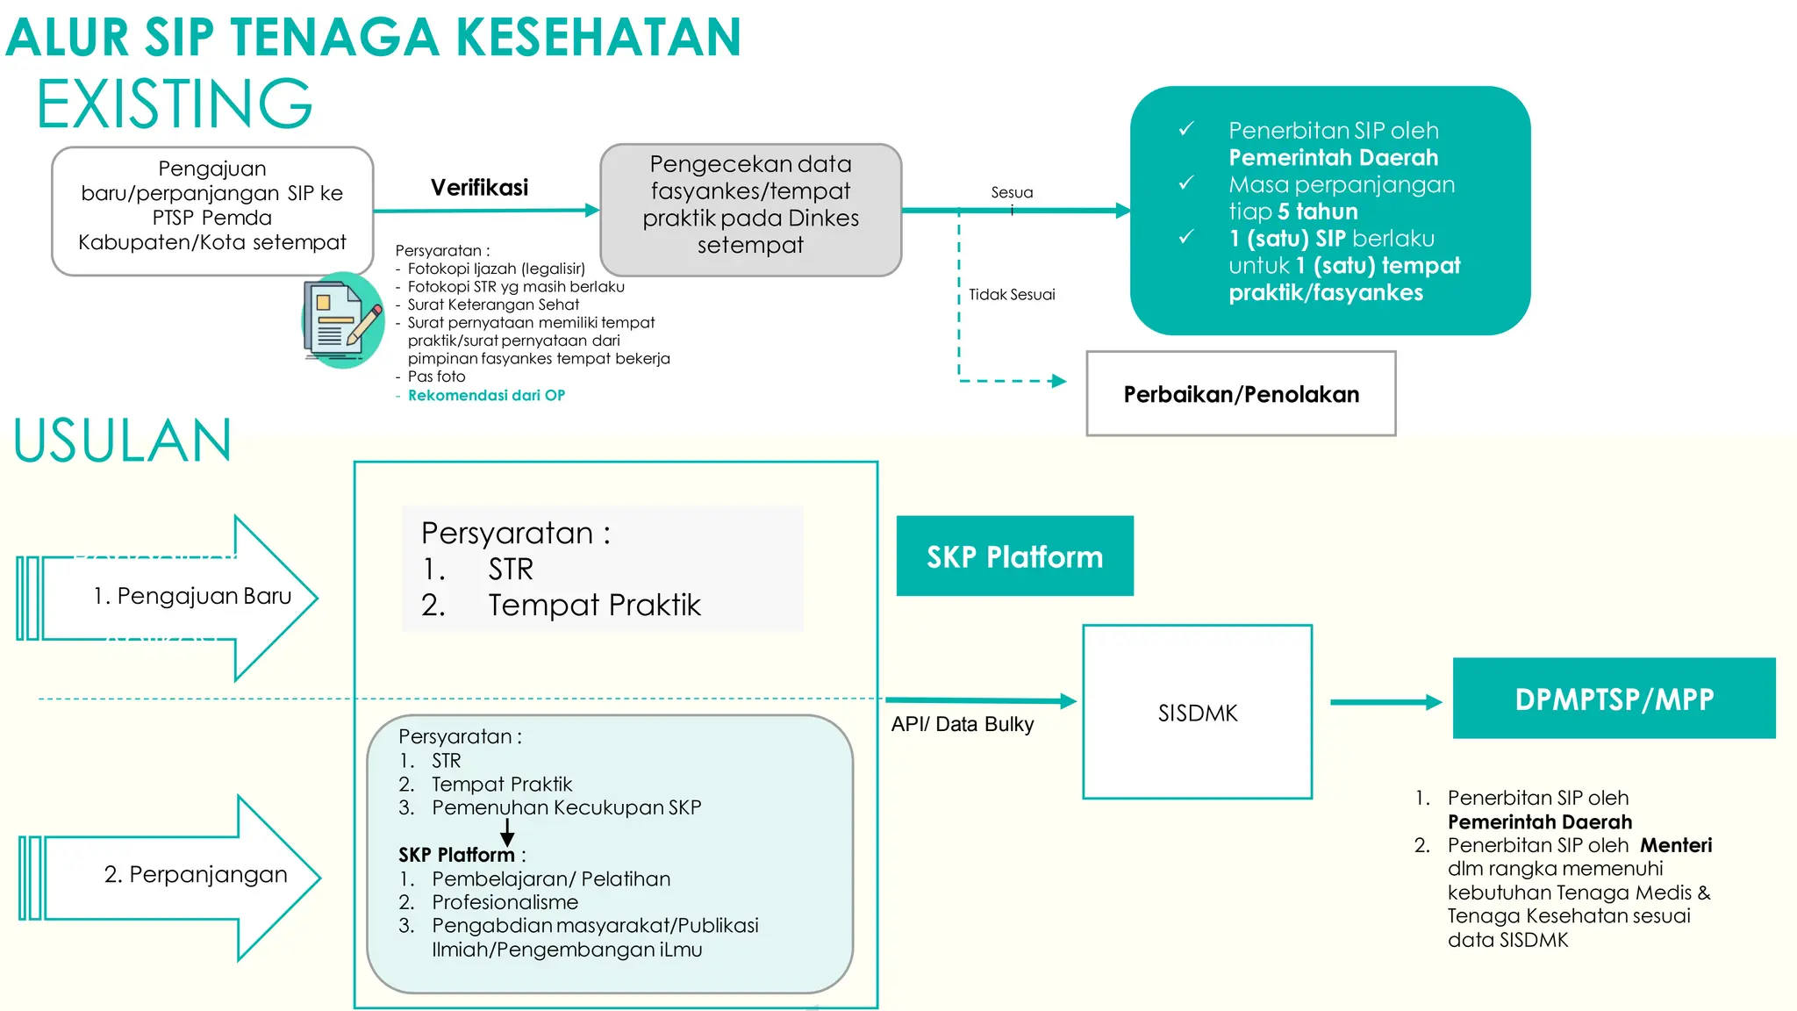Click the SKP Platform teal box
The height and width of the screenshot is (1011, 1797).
(1014, 556)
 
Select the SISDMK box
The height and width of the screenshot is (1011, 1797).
(1197, 712)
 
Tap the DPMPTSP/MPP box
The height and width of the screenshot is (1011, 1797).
(1614, 699)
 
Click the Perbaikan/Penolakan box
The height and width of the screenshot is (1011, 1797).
(1241, 394)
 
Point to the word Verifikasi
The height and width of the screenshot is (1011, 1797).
(479, 188)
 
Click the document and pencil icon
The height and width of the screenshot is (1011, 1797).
(342, 320)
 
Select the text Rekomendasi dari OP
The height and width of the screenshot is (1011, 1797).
(486, 396)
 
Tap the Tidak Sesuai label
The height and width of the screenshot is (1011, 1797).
(1012, 295)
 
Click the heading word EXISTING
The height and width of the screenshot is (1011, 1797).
(174, 104)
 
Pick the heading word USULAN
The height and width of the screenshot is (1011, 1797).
(123, 441)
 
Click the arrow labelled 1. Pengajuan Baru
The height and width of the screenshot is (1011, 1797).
(175, 598)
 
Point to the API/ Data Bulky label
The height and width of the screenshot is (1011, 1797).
(963, 724)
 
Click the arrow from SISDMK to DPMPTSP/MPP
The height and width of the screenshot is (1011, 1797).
(1385, 702)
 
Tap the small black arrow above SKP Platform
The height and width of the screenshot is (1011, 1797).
(507, 832)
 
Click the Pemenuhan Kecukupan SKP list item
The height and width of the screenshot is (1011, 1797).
(566, 807)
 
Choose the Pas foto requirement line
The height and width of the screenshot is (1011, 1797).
(436, 376)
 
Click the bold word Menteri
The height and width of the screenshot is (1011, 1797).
(1676, 845)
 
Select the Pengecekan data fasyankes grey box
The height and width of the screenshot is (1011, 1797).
(750, 210)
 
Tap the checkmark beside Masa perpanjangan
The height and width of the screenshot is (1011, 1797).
(1186, 183)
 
